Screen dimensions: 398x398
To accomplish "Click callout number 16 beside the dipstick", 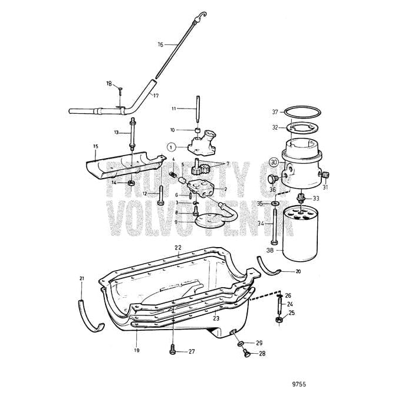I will [160, 44].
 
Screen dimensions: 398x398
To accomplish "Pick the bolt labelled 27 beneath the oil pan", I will [173, 350].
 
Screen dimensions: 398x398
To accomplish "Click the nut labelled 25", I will [278, 321].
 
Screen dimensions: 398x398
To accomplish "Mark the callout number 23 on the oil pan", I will [216, 318].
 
